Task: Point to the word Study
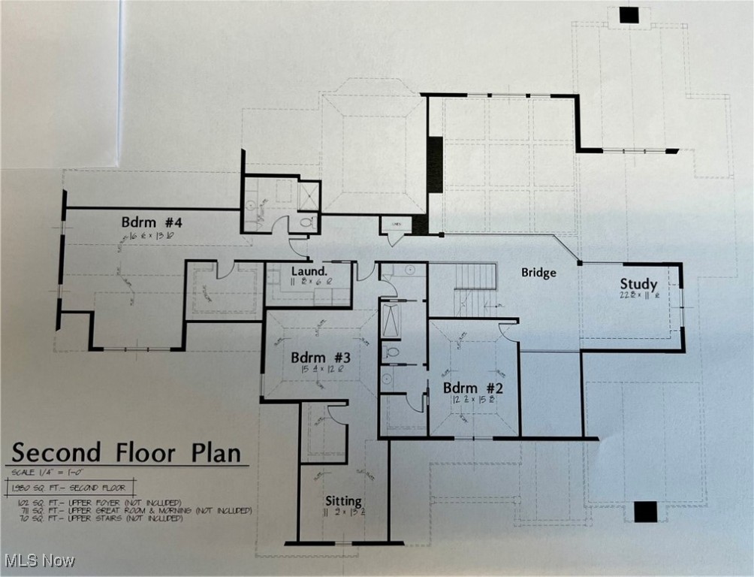coord(638,284)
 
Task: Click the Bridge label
coord(538,273)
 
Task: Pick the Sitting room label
coord(343,501)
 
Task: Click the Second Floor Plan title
coord(126,453)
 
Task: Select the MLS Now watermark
coord(38,560)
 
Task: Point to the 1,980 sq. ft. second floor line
coord(71,487)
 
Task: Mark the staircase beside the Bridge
coord(475,288)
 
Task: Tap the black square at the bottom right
coord(645,512)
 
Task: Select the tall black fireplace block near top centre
coord(435,165)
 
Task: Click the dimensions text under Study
coord(638,296)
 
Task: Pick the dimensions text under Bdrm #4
coord(152,235)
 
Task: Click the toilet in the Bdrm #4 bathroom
coord(306,223)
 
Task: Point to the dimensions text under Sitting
coord(343,514)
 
